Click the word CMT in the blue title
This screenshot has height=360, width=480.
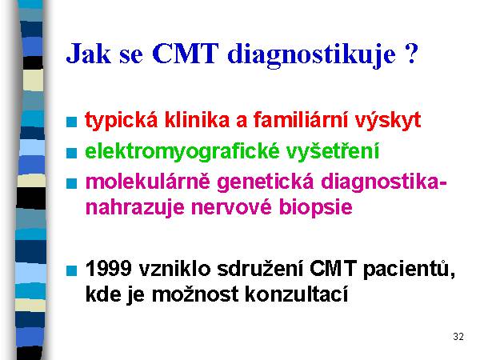tap(186, 54)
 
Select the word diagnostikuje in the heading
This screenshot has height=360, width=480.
tap(312, 55)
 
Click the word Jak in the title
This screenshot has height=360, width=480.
tap(88, 54)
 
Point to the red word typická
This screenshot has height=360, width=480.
tap(122, 120)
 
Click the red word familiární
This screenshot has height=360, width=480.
tap(301, 119)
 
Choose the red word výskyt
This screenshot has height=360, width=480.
tap(388, 120)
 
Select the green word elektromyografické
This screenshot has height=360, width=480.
tap(182, 151)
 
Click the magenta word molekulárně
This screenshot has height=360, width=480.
tap(147, 182)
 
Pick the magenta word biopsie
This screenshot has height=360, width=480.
tap(316, 208)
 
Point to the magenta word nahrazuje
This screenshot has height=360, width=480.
tap(134, 208)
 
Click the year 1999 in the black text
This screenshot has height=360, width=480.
tap(108, 269)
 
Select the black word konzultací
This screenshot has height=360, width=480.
tap(296, 294)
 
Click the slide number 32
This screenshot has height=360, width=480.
tap(458, 337)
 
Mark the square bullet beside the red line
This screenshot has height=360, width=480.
tap(72, 122)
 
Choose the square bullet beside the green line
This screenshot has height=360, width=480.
tap(72, 153)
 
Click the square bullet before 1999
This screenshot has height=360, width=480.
tap(72, 270)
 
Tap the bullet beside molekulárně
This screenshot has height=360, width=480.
tap(72, 183)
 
